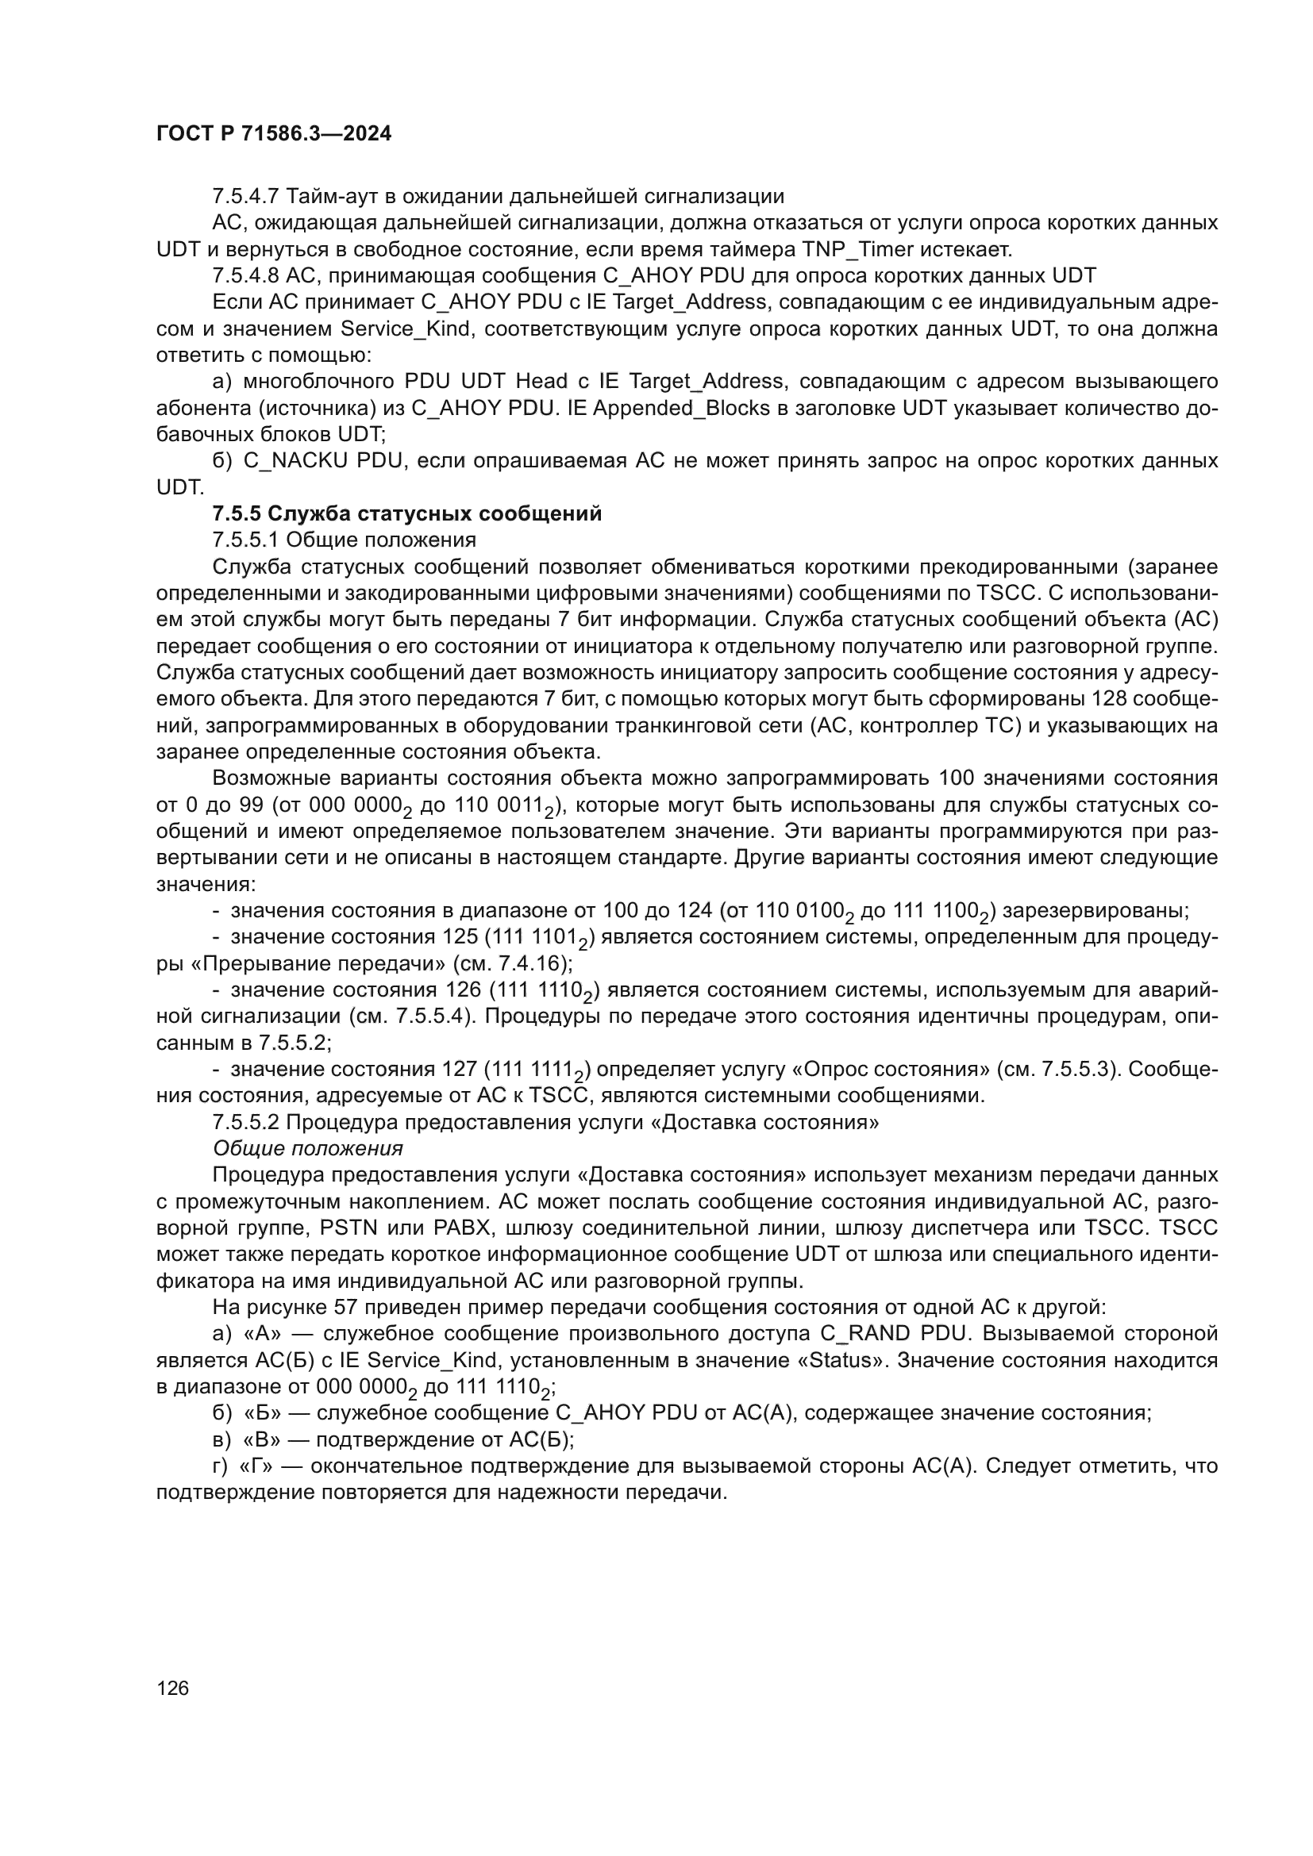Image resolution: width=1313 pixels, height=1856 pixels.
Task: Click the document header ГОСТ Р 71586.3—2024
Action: point(273,134)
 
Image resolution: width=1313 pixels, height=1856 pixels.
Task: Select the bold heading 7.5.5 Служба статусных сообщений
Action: point(406,513)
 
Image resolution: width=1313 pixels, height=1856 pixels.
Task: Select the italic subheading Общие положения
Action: point(307,1148)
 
